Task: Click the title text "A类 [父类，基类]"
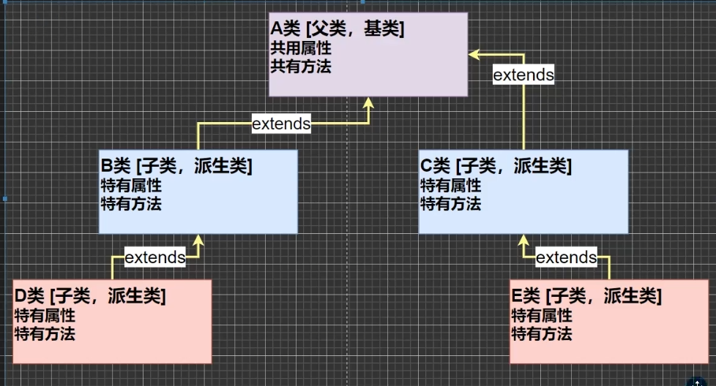(x=338, y=29)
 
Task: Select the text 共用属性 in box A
(x=301, y=48)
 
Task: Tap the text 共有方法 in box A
(x=301, y=67)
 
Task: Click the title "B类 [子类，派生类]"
(x=176, y=167)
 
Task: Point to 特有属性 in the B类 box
(x=130, y=186)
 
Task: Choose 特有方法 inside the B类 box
(x=130, y=203)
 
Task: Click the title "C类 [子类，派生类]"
(x=496, y=167)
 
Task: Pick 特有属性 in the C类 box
(x=450, y=186)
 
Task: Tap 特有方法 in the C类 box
(x=450, y=203)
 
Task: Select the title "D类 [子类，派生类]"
(x=89, y=297)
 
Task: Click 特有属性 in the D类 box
(x=45, y=316)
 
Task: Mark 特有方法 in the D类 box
(x=45, y=334)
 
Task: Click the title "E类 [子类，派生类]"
(x=586, y=297)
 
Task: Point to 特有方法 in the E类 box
(x=541, y=334)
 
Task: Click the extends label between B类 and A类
(x=281, y=124)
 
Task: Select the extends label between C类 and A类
(x=523, y=75)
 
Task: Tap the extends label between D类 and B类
(x=155, y=257)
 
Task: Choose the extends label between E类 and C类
(x=567, y=257)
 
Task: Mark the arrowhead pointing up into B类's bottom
(x=197, y=240)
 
